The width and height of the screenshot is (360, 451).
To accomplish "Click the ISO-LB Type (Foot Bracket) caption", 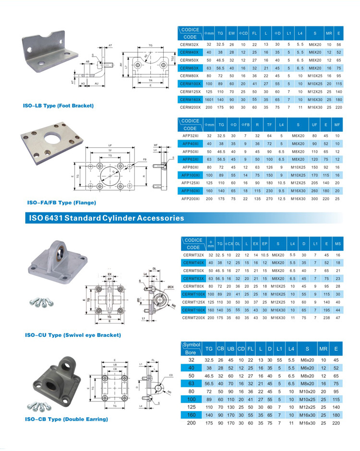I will pos(59,105).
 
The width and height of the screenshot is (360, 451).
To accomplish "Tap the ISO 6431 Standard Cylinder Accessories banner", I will pos(106,218).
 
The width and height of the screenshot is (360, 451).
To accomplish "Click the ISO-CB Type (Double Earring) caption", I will pos(66,419).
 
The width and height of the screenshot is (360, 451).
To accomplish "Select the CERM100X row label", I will pos(190,84).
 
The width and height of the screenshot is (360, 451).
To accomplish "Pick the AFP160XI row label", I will pos(190,190).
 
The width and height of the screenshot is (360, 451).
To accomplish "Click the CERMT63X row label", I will pos(193,278).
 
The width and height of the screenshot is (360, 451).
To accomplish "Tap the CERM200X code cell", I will pos(190,107).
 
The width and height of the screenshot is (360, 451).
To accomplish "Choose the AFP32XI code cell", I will pos(190,136).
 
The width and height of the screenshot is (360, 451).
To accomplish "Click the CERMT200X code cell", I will pos(193,318).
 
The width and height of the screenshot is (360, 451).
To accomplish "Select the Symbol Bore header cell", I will pos(191,348).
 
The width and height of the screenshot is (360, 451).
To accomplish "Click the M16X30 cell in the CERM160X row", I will pos(315,99).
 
